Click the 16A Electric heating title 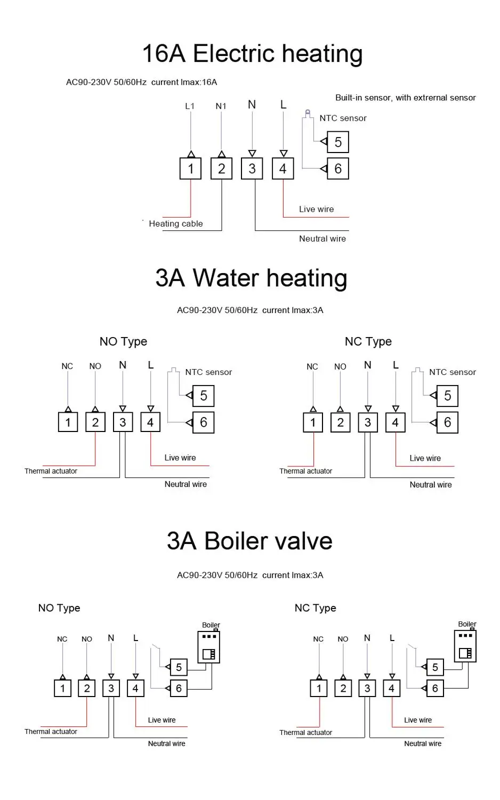point(252,54)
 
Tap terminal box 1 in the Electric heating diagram point(190,169)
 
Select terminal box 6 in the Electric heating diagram point(337,169)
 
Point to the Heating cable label point(175,223)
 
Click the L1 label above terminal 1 point(190,106)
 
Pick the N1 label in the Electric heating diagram point(221,106)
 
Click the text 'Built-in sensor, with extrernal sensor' point(405,98)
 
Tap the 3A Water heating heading point(251,278)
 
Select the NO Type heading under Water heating point(123,341)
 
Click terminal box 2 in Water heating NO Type point(95,422)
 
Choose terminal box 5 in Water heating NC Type point(447,396)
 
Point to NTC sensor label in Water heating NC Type point(452,372)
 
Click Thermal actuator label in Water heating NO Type point(51,471)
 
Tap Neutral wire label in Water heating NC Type point(430,485)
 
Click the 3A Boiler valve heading point(249,541)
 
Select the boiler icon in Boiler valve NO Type point(208,647)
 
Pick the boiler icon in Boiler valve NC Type point(465,646)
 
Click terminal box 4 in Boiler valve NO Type point(135,688)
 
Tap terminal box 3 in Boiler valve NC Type point(367,688)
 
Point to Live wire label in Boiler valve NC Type point(418,720)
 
